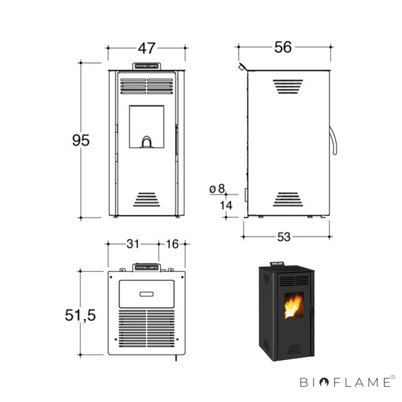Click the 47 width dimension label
tap(147, 48)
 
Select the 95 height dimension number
tap(81, 140)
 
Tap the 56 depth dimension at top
tap(283, 47)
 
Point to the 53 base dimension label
tap(284, 237)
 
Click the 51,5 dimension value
tap(80, 315)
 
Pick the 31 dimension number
tap(133, 244)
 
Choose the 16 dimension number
tap(172, 244)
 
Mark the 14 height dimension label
tap(226, 205)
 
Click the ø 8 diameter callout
tap(217, 189)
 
